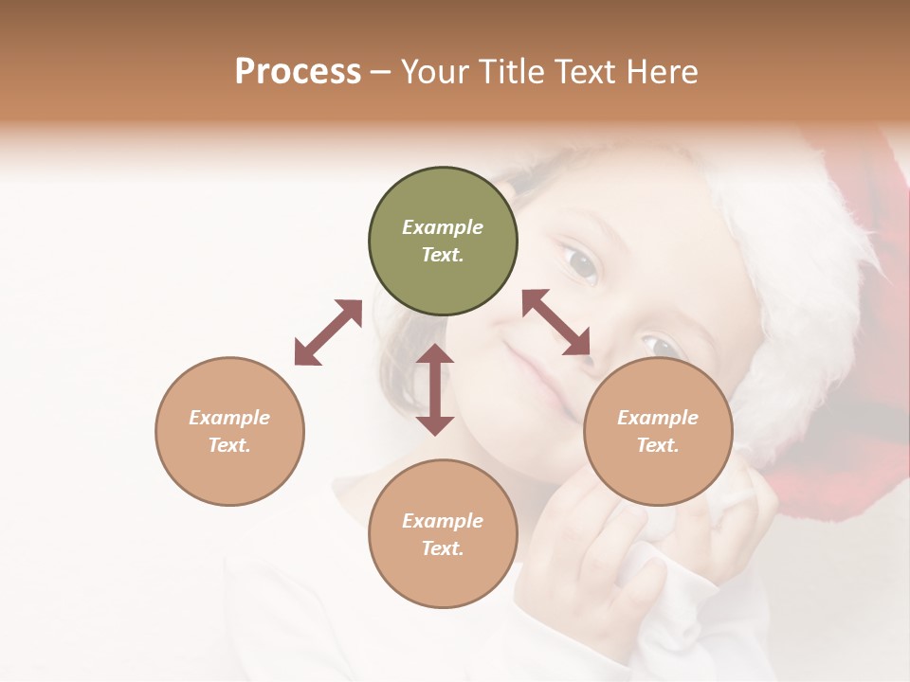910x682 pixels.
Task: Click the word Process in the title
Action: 298,72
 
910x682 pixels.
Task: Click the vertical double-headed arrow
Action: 435,389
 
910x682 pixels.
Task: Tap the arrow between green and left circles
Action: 328,332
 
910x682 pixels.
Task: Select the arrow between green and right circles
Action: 556,322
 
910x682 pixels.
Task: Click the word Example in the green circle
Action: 443,227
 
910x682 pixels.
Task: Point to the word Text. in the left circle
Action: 229,445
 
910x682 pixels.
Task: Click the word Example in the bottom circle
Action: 443,521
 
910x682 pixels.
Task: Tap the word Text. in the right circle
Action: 658,445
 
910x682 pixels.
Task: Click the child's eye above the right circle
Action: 660,345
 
